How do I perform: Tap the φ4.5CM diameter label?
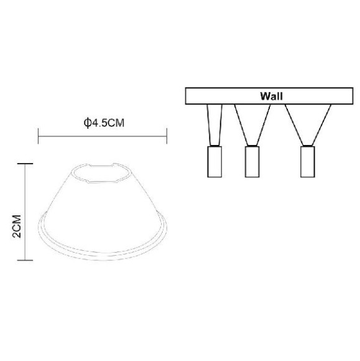click(x=104, y=123)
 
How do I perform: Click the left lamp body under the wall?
click(x=213, y=162)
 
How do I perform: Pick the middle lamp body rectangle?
click(x=252, y=162)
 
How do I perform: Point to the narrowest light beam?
click(x=213, y=124)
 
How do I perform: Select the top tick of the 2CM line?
click(x=25, y=163)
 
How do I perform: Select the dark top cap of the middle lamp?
click(x=252, y=148)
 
